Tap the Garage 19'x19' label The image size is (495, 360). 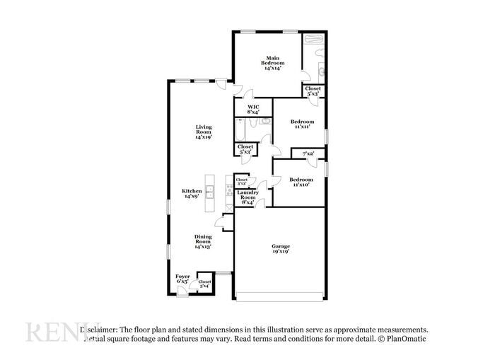[281, 248]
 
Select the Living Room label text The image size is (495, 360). [204, 132]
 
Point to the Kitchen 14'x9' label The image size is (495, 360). [192, 193]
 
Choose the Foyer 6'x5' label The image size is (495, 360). [182, 279]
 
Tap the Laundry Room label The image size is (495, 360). [247, 196]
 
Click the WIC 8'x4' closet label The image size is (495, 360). [252, 109]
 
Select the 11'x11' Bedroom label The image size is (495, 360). [302, 124]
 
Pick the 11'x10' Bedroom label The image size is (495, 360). [301, 182]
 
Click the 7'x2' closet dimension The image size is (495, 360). [308, 153]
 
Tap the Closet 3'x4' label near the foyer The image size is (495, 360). [204, 283]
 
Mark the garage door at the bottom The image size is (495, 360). [281, 294]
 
